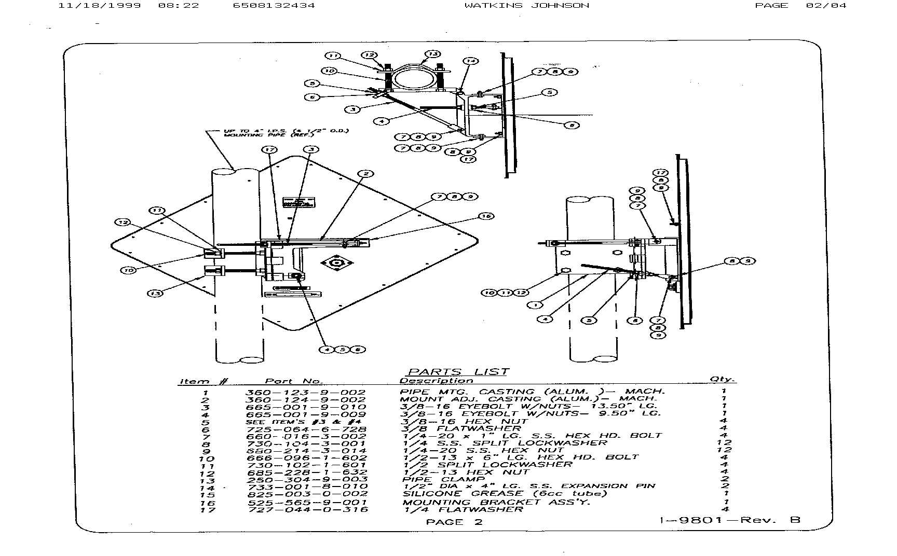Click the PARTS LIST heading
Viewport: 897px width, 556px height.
[x=458, y=371]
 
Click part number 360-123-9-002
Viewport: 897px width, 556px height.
[x=305, y=393]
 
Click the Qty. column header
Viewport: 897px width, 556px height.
[x=722, y=380]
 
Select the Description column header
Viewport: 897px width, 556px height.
[x=436, y=381]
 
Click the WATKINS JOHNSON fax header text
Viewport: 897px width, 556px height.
[x=526, y=6]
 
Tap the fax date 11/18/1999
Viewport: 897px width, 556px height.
[x=99, y=6]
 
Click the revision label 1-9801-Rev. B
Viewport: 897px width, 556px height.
[x=730, y=520]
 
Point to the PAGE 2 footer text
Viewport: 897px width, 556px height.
[x=454, y=522]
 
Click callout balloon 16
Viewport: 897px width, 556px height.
[x=486, y=216]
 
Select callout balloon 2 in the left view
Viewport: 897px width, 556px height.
[x=366, y=174]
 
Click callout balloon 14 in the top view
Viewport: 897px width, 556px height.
[x=470, y=61]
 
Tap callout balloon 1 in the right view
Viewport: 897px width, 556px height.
[x=535, y=305]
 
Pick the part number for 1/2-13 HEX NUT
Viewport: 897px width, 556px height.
[x=307, y=473]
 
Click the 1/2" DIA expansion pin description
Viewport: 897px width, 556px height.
[x=529, y=486]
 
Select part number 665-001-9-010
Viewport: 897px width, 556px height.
[x=305, y=407]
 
